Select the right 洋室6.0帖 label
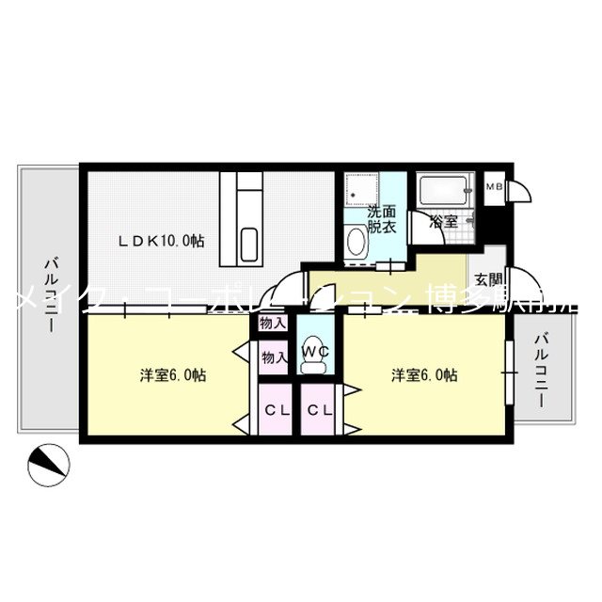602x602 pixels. pos(425,374)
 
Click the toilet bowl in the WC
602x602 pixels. pos(316,336)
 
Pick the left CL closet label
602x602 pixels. pos(276,410)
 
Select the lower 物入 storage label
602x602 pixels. pos(273,357)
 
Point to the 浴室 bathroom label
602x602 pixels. pos(442,223)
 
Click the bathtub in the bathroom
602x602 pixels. pos(446,193)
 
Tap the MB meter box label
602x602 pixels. pos(494,187)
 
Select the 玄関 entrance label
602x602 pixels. pos(487,278)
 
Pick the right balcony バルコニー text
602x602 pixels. pos(542,371)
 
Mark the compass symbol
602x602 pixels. pos(48,465)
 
